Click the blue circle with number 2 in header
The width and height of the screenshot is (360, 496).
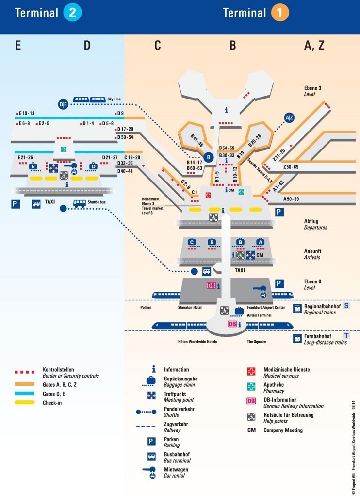pyautogui.click(x=72, y=13)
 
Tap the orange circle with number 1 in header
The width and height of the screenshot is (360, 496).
pyautogui.click(x=280, y=13)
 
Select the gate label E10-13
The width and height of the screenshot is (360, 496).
pyautogui.click(x=26, y=113)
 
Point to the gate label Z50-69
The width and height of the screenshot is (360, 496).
pyautogui.click(x=291, y=167)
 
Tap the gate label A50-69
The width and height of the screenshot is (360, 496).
pyautogui.click(x=291, y=199)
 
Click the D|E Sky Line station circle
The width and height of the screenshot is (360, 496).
pyautogui.click(x=64, y=104)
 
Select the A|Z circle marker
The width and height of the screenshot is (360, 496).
pyautogui.click(x=289, y=117)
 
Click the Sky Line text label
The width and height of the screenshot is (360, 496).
pyautogui.click(x=115, y=99)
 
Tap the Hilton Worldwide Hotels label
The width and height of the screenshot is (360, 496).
pyautogui.click(x=197, y=341)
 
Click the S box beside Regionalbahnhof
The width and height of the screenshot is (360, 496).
pyautogui.click(x=346, y=306)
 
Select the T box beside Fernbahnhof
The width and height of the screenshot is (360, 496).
pyautogui.click(x=346, y=336)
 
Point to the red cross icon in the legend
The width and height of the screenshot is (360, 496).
pyautogui.click(x=251, y=372)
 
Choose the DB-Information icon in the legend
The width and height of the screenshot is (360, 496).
pyautogui.click(x=251, y=401)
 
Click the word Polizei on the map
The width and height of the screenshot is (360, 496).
pyautogui.click(x=146, y=308)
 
